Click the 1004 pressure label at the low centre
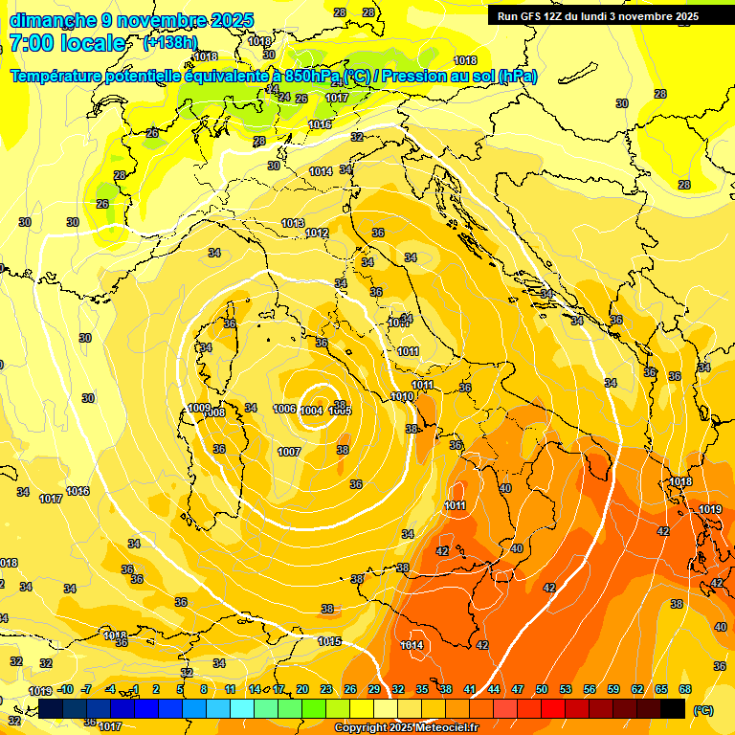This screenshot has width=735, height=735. click(x=311, y=411)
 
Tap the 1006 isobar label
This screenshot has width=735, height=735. click(x=284, y=409)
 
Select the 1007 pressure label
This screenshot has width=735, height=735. click(x=289, y=452)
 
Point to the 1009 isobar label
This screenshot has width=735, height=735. click(x=198, y=408)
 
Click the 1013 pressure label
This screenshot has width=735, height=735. click(x=293, y=223)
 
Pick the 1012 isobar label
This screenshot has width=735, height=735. click(x=317, y=234)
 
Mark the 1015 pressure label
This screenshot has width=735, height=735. click(x=330, y=641)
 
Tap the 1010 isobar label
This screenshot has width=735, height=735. click(x=402, y=396)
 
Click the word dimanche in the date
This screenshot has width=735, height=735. click(x=53, y=20)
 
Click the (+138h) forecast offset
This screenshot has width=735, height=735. click(x=169, y=43)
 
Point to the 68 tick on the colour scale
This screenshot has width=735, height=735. click(x=685, y=689)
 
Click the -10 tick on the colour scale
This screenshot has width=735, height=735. click(x=65, y=689)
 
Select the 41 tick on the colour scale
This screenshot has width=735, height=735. click(x=470, y=689)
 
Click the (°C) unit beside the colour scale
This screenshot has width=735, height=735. click(x=703, y=709)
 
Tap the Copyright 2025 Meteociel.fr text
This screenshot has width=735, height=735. click(x=406, y=727)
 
